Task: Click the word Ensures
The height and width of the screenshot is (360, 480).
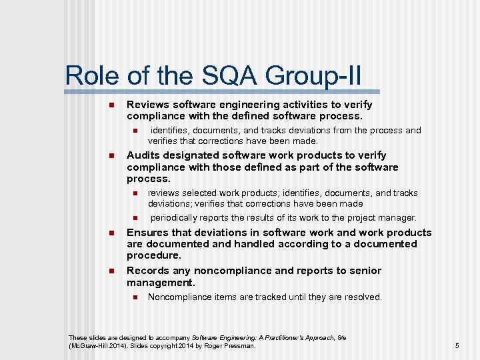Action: pos(147,233)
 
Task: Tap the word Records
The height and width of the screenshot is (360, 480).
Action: pos(147,271)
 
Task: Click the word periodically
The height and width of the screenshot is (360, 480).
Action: pos(175,217)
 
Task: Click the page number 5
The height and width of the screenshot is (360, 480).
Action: pos(457,345)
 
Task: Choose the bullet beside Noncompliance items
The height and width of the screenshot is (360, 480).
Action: pos(134,297)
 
